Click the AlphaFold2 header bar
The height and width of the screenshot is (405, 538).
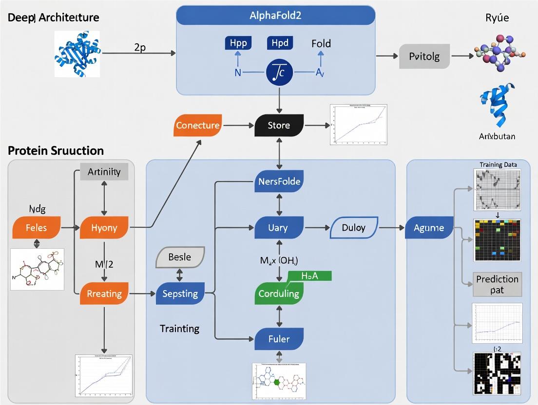(x=275, y=15)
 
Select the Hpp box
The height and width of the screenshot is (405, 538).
(x=237, y=43)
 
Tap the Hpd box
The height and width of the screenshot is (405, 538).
(x=280, y=43)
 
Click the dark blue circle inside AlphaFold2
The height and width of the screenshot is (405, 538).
(x=279, y=72)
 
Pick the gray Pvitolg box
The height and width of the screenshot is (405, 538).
(x=424, y=56)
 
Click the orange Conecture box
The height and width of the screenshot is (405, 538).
(x=198, y=125)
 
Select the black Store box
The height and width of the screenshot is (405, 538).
(x=279, y=125)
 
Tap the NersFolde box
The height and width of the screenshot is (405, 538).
(x=279, y=182)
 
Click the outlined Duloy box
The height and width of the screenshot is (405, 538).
(x=354, y=227)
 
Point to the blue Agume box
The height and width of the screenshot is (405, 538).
(x=429, y=227)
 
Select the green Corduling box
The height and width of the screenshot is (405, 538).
(x=279, y=294)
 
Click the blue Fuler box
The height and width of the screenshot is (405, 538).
(x=279, y=338)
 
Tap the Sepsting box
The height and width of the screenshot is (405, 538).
(x=180, y=294)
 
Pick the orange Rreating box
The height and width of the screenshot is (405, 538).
(x=104, y=294)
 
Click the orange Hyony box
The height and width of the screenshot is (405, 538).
(x=104, y=227)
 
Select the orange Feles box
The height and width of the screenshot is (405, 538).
(x=37, y=227)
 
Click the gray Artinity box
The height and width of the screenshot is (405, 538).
(x=104, y=171)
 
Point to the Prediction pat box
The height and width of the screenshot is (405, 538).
(x=497, y=284)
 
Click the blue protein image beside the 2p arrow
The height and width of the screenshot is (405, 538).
(x=77, y=52)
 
